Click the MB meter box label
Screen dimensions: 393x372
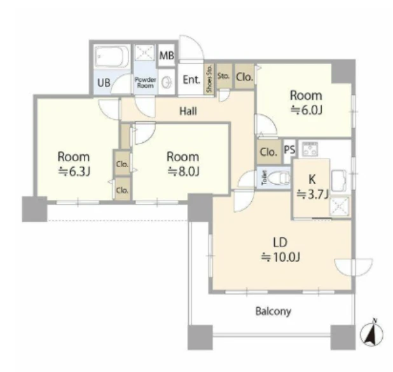(x=167, y=55)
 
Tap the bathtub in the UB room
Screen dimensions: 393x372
(x=112, y=56)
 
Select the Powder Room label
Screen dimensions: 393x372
(x=146, y=83)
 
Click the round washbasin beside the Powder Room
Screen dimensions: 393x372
(x=167, y=82)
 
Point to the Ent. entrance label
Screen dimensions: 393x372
(x=191, y=80)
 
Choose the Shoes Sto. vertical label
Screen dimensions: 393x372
(x=209, y=78)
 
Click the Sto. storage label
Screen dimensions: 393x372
(x=223, y=76)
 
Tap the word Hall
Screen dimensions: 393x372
(x=188, y=111)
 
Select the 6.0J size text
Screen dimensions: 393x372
(x=307, y=110)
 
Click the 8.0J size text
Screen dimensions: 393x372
(x=183, y=171)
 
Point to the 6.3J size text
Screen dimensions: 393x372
(x=74, y=171)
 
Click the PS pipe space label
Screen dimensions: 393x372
(x=289, y=150)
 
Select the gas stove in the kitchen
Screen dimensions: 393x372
(x=310, y=149)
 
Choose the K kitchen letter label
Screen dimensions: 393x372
(x=312, y=180)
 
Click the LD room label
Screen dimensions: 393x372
(x=280, y=242)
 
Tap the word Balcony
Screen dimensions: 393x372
(x=273, y=312)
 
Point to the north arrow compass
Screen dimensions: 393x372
(x=371, y=333)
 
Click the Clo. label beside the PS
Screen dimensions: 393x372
(x=268, y=152)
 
